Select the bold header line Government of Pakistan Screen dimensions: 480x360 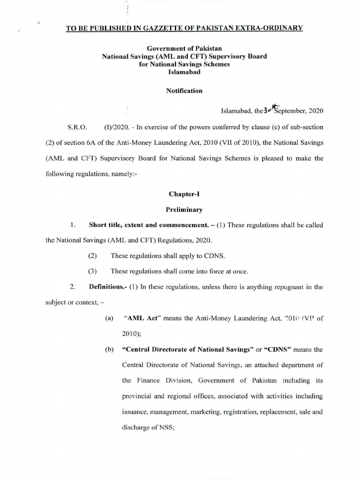pos(185,48)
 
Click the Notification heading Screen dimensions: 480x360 pos(185,90)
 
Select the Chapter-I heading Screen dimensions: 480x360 pos(184,194)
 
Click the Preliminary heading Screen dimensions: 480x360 pos(184,210)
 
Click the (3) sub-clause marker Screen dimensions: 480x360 pos(92,271)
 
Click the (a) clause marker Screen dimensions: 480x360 pos(109,318)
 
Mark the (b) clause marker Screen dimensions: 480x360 pos(109,349)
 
